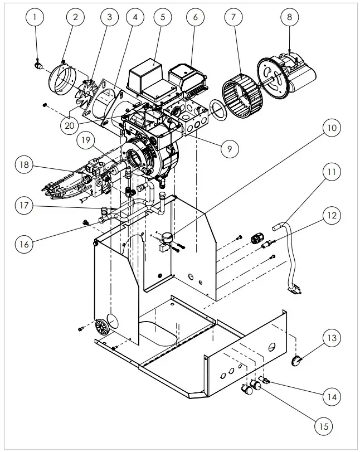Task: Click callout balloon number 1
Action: tap(35, 17)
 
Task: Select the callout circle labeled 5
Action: tap(163, 17)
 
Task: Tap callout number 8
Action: tap(289, 17)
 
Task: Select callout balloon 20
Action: tap(69, 125)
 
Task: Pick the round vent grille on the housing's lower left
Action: tap(101, 328)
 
